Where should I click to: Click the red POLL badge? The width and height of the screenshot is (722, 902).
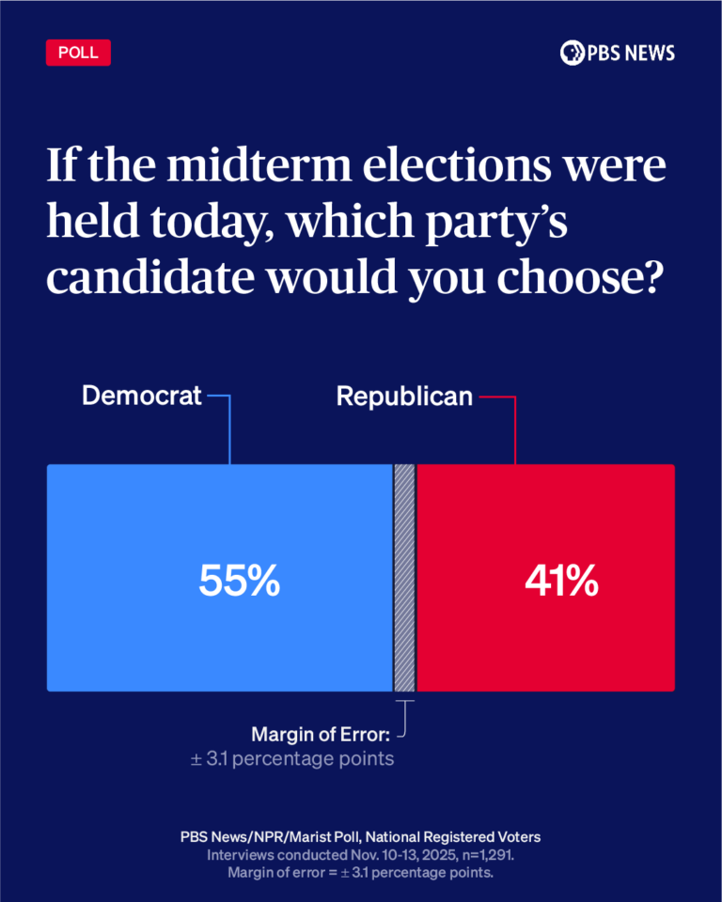coord(78,53)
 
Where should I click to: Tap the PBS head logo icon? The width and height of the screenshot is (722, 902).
coord(572,53)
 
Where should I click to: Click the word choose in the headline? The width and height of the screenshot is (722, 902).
coord(542,279)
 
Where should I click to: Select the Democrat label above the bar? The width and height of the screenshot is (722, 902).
coord(142,396)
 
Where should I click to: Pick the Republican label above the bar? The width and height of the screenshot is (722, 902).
coord(404,397)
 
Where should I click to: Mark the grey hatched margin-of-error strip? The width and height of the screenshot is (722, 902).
coord(404,578)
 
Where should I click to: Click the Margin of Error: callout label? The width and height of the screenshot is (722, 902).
coord(321,733)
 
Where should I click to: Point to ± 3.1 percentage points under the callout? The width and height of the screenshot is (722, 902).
coord(292,757)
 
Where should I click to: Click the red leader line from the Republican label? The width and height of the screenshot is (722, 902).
coord(515,428)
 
